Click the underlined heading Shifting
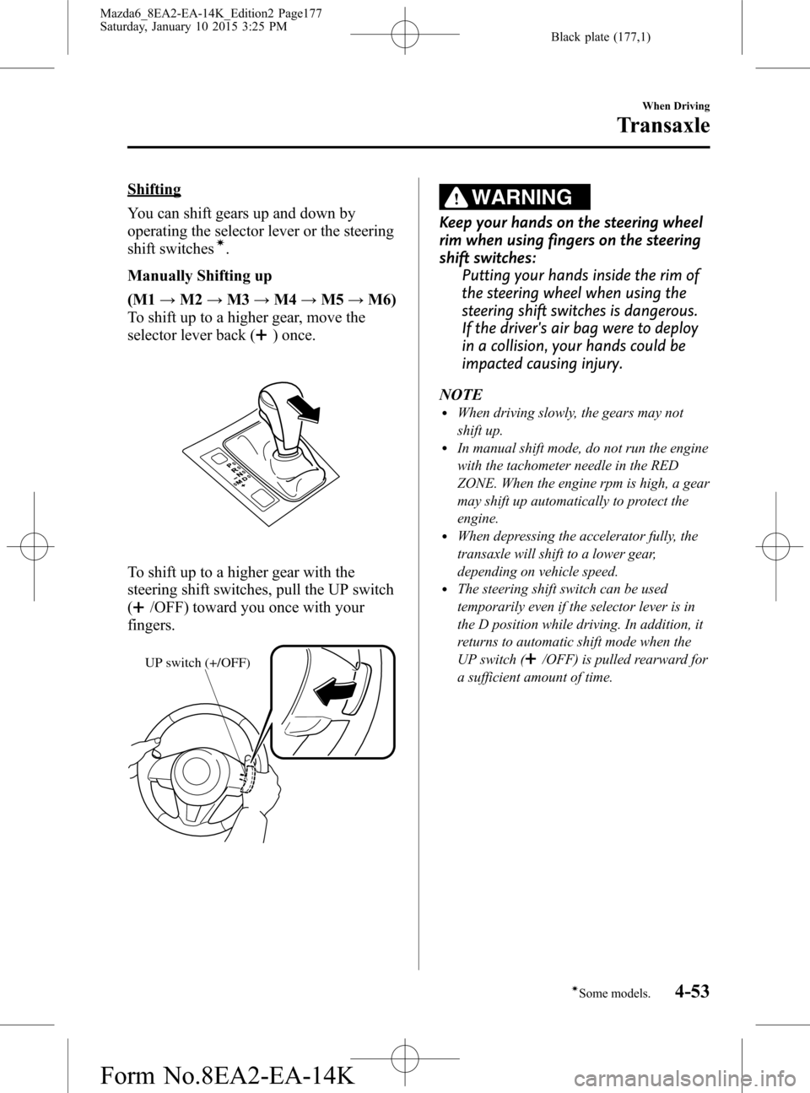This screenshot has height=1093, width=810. (154, 189)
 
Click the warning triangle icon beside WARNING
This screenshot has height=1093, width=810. (456, 197)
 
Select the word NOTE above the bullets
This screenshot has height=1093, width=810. (460, 394)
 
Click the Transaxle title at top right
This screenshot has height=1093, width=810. (663, 127)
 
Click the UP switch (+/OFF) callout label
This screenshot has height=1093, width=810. (197, 663)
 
